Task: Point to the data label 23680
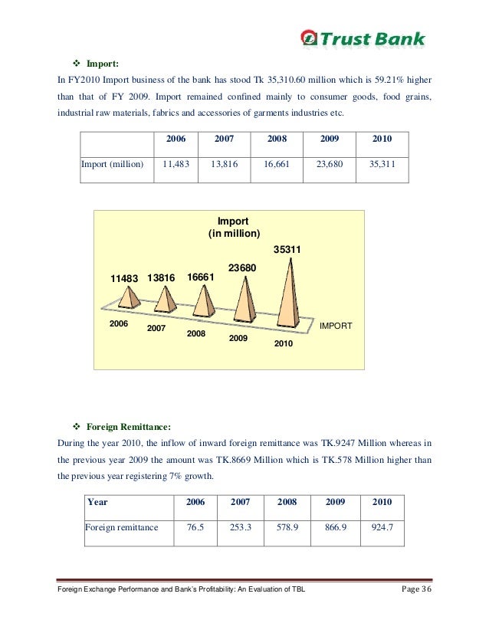[242, 267]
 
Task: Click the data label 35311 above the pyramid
[287, 249]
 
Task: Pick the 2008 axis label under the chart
[198, 334]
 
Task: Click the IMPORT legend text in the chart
[336, 326]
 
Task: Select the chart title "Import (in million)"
[235, 227]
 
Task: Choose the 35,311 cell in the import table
[382, 164]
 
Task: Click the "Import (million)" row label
[113, 164]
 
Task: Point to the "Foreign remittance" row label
[122, 527]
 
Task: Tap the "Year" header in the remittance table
[97, 502]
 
